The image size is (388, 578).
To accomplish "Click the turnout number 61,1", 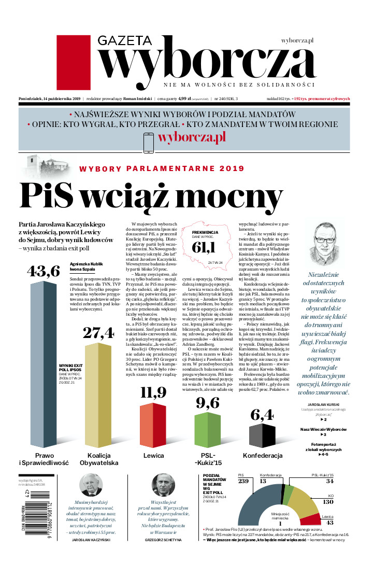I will (203, 248).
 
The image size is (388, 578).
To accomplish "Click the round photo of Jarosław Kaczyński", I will (91, 485).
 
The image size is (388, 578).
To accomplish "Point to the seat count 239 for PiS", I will (243, 482).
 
